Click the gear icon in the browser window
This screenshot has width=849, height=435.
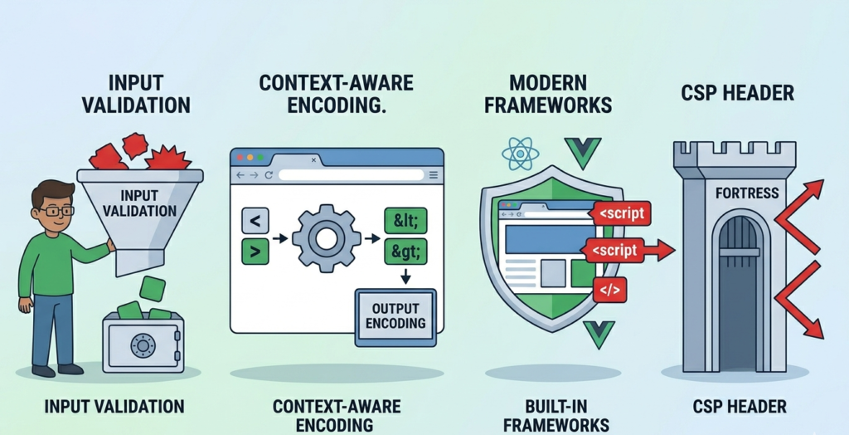pyautogui.click(x=326, y=238)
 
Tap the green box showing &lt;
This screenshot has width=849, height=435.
pyautogui.click(x=405, y=221)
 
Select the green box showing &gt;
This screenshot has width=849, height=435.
pyautogui.click(x=405, y=252)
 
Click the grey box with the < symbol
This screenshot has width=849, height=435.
pyautogui.click(x=255, y=221)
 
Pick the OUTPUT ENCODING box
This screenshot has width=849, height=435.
pyautogui.click(x=395, y=317)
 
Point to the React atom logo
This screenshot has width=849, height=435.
pyautogui.click(x=521, y=153)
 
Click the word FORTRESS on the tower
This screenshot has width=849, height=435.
pyautogui.click(x=747, y=193)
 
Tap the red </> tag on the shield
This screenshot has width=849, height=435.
pyautogui.click(x=609, y=290)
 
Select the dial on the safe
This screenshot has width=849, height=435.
pyautogui.click(x=143, y=345)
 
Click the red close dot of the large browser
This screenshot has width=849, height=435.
pyautogui.click(x=240, y=157)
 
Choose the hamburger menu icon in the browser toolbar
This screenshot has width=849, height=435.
pyautogui.click(x=433, y=174)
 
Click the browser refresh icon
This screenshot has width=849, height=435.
pyautogui.click(x=269, y=174)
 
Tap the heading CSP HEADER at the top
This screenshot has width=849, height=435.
pyautogui.click(x=737, y=93)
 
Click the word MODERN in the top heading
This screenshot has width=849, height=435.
pyautogui.click(x=547, y=83)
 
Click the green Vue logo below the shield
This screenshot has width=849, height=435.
pyautogui.click(x=599, y=333)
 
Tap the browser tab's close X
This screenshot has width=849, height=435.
pyautogui.click(x=313, y=160)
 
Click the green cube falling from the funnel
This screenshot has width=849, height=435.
pyautogui.click(x=153, y=289)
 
